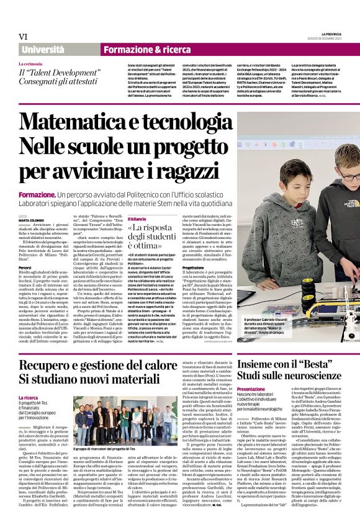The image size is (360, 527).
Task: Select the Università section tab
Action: click(x=42, y=50)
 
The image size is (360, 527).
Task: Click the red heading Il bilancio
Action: click(x=137, y=218)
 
